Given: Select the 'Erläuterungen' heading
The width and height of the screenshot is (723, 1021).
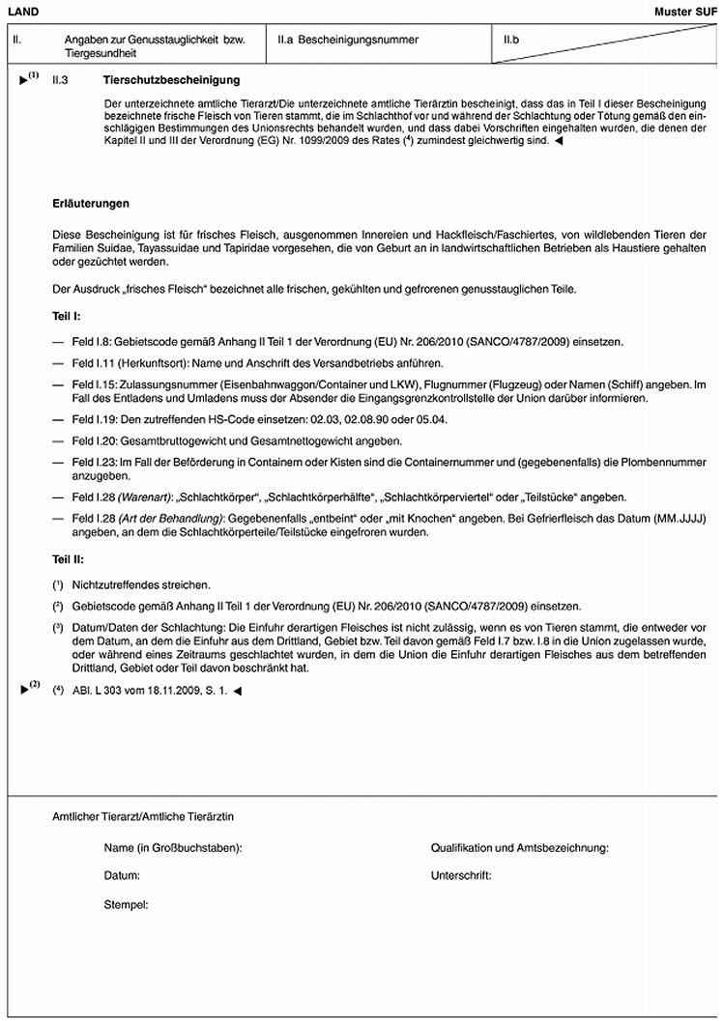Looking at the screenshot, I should [91, 204].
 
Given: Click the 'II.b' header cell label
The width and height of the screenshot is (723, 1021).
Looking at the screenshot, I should [512, 41].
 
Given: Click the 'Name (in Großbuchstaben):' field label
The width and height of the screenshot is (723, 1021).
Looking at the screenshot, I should [173, 847].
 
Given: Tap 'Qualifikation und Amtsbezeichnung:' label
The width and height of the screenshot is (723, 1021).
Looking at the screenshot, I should [519, 847].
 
